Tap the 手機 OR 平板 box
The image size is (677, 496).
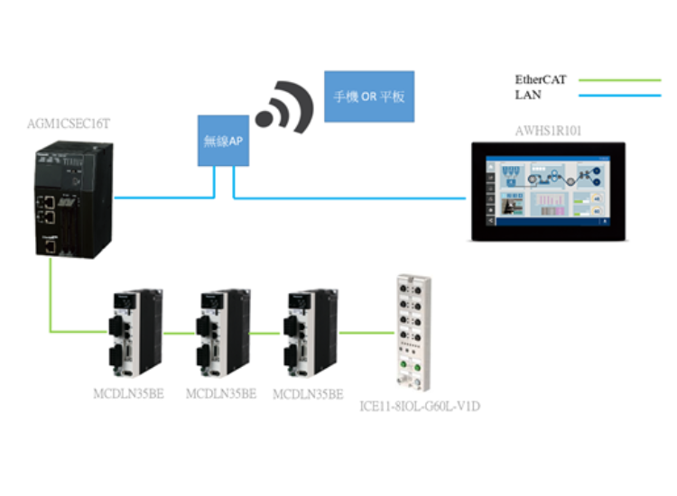(x=370, y=96)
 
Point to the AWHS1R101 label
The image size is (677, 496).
(x=548, y=131)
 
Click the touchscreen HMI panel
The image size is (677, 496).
(x=548, y=190)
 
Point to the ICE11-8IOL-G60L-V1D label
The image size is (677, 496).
(x=420, y=407)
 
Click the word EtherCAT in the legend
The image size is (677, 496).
(x=541, y=79)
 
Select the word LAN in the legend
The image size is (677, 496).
(x=528, y=94)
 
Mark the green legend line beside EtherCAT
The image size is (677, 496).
(x=622, y=79)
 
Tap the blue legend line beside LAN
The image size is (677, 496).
(x=622, y=95)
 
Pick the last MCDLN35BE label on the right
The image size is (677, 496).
(x=308, y=394)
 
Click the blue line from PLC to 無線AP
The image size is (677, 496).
(x=162, y=195)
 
